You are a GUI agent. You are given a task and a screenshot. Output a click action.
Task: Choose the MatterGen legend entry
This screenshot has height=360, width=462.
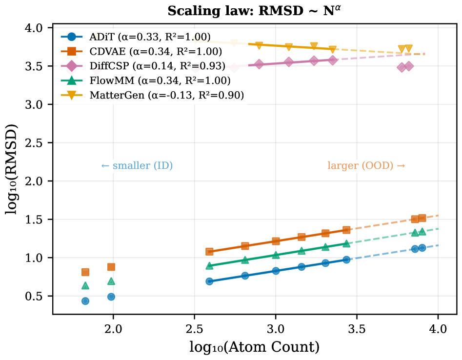166,95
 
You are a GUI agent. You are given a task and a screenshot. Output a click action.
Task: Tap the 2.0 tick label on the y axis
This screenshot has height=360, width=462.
36,181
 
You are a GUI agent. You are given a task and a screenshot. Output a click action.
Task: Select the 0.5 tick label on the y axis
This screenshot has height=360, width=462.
36,296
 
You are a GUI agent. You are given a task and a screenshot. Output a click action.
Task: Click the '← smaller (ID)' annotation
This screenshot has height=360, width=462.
137,166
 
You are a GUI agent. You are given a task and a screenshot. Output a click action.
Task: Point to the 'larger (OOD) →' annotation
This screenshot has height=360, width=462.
366,166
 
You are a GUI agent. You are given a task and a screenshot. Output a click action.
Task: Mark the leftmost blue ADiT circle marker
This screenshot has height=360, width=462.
85,301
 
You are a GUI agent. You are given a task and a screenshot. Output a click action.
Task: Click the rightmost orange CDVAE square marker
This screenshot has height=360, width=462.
422,218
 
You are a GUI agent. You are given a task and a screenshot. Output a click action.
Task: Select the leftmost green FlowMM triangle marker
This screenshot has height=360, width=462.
85,286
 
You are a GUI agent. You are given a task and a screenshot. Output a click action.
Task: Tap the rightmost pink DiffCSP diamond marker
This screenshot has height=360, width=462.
409,66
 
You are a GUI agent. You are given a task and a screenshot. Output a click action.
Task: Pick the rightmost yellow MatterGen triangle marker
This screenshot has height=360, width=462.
408,49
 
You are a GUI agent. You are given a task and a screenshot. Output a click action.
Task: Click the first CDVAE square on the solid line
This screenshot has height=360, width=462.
209,252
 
